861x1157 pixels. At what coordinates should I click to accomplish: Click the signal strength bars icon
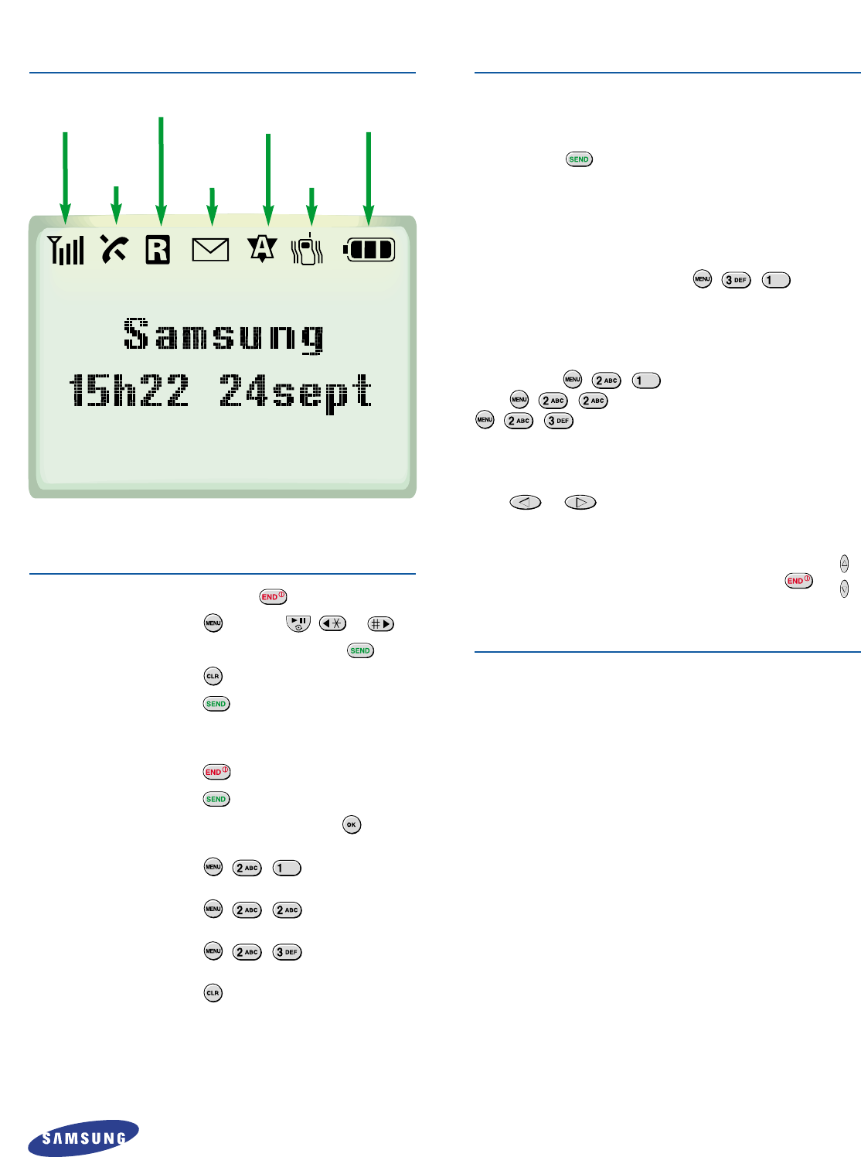(66, 250)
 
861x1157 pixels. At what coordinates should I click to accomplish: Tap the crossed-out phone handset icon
(114, 249)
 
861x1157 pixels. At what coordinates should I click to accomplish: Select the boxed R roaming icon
(158, 250)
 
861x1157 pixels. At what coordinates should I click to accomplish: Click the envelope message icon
(210, 250)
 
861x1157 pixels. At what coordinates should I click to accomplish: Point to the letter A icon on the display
(262, 248)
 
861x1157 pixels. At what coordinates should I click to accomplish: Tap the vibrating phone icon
(308, 250)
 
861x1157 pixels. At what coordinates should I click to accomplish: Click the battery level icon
(369, 250)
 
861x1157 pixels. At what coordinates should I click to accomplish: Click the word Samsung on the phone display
(223, 336)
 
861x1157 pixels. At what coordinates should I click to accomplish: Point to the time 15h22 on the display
(129, 391)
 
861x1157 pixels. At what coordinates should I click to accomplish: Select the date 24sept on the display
(296, 391)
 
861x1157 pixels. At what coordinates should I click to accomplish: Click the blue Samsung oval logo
(83, 1138)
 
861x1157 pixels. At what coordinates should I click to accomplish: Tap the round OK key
(352, 824)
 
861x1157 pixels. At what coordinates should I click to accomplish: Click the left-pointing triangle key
(526, 502)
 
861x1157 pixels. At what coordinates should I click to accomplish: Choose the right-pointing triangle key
(580, 502)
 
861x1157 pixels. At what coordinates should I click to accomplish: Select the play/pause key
(298, 623)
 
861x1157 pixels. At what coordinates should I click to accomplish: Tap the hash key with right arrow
(381, 623)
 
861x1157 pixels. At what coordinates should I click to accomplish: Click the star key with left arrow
(333, 623)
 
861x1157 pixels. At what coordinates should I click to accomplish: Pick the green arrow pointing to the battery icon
(369, 178)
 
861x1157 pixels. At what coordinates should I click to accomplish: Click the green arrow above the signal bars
(66, 178)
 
